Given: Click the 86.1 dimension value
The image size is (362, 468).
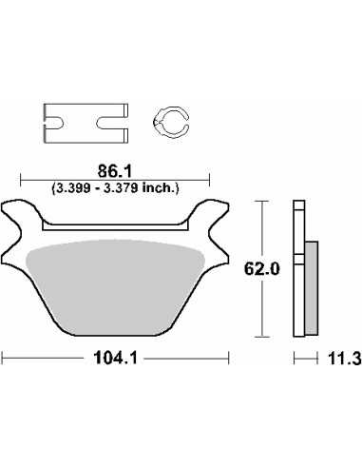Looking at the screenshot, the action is coord(114,171).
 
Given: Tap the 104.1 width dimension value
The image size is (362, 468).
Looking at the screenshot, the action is coord(115,359).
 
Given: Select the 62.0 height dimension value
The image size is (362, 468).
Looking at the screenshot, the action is coord(262,269).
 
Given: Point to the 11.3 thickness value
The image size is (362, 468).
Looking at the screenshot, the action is coord(344,359).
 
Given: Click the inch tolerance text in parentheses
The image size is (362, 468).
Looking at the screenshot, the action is coord(115,188).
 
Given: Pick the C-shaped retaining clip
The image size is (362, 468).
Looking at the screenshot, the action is coord(171,122).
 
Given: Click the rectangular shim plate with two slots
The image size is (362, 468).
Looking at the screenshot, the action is coord(86,123).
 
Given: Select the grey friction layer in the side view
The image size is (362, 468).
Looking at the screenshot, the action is coord(312,288).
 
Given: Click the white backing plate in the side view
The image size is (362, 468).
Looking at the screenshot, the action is coord(298,268).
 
